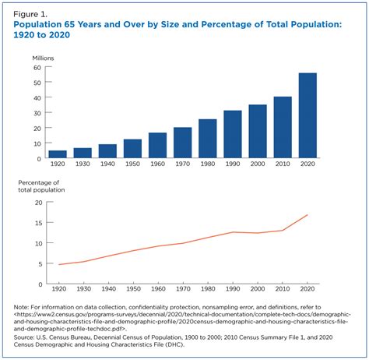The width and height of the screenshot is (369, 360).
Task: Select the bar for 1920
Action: (58, 154)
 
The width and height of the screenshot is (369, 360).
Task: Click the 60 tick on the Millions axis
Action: (36, 67)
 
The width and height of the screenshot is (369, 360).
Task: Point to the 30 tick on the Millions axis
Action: (36, 113)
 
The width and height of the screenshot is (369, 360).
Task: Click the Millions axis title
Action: (44, 58)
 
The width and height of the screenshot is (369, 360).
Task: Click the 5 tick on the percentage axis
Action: (37, 263)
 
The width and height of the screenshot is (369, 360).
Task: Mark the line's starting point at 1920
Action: (58, 265)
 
